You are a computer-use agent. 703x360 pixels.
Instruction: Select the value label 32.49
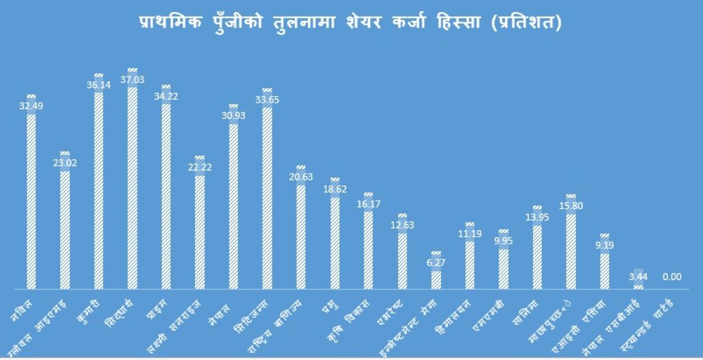(31, 106)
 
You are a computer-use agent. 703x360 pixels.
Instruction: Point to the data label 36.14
(98, 84)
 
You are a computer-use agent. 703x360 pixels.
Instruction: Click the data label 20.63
(301, 176)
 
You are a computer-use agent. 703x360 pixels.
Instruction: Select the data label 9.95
(504, 240)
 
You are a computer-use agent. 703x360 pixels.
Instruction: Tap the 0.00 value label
(672, 277)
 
